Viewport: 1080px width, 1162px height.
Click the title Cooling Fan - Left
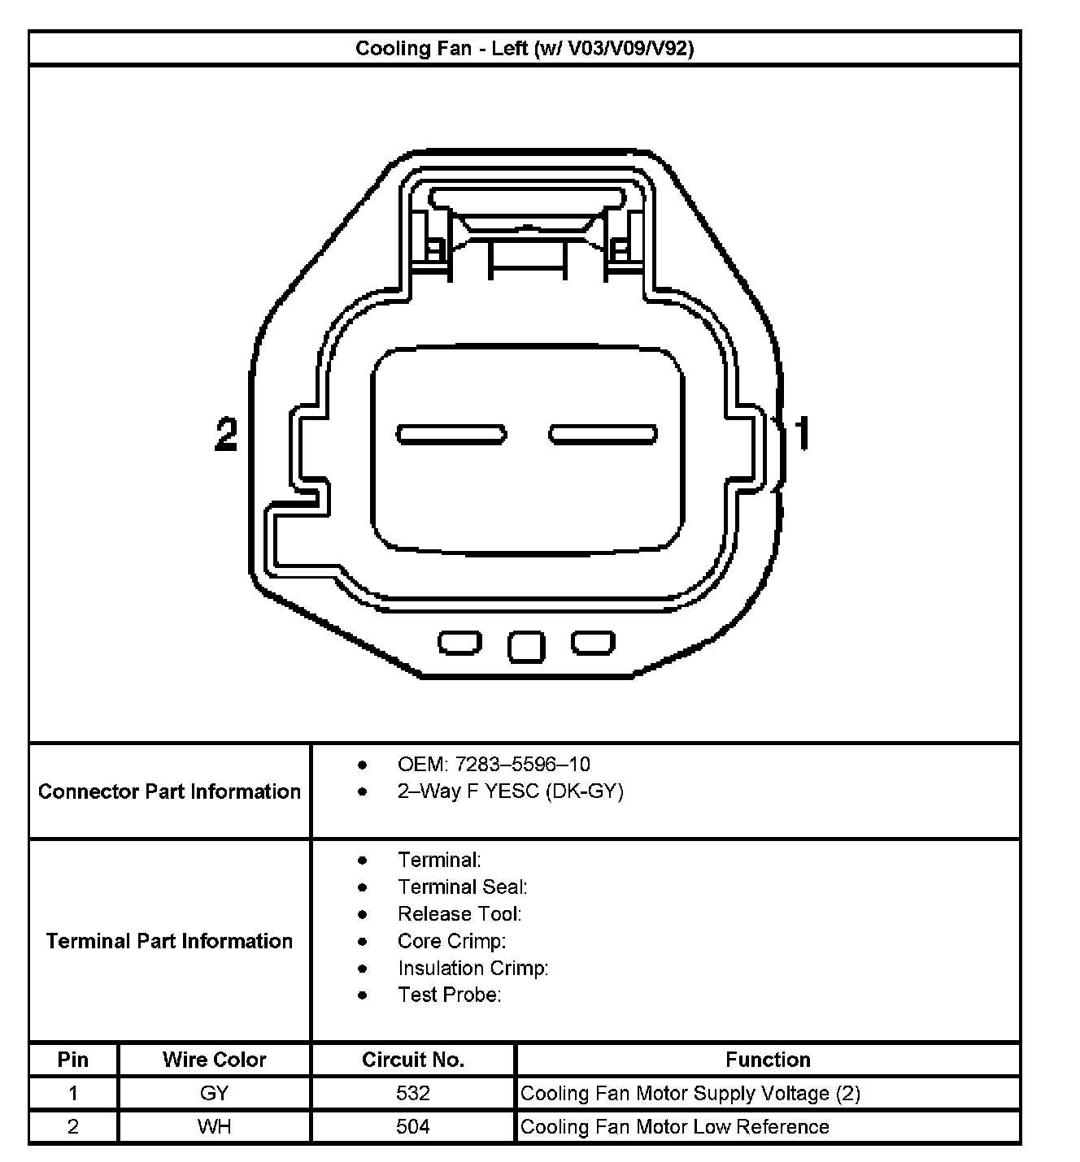tap(525, 49)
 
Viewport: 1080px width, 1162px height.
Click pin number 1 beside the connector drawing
tap(802, 433)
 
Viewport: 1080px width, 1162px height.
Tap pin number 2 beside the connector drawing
tap(226, 434)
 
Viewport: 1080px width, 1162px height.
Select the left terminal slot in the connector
tap(451, 434)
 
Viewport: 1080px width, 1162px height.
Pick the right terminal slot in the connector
tap(603, 434)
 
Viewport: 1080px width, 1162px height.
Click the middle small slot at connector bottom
tap(526, 646)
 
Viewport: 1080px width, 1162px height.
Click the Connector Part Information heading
tap(169, 791)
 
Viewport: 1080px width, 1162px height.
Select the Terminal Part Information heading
tap(169, 941)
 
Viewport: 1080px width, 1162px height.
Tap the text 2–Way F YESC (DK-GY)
tap(510, 791)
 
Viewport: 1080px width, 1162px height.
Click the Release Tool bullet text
tap(459, 914)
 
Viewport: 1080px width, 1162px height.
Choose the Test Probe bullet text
tap(449, 995)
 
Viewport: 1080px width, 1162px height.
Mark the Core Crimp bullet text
tap(451, 941)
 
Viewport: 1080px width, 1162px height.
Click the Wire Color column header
tap(214, 1060)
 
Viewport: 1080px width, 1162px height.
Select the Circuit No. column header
tap(413, 1060)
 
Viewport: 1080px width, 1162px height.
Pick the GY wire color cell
tap(214, 1094)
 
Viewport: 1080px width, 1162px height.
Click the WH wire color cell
tap(214, 1127)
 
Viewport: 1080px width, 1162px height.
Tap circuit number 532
tap(413, 1094)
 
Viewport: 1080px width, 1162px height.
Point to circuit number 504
tap(413, 1127)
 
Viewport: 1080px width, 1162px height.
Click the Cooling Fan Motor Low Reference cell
tap(674, 1127)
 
